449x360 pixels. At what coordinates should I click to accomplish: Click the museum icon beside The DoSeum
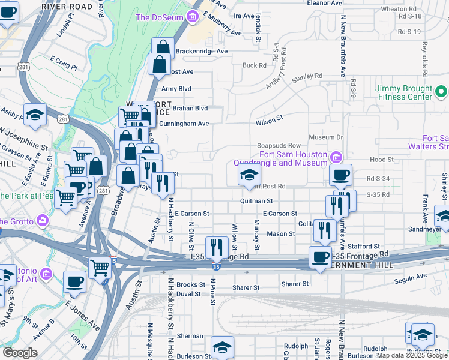point(192,17)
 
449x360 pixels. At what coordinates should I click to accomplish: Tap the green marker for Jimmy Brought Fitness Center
point(441,92)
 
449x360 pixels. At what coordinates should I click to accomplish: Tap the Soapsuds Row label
point(278,145)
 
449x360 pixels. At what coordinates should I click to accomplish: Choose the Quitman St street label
point(256,201)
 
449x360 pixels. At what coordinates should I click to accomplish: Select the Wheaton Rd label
point(398,9)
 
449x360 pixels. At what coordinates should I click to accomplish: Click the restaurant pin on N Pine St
point(215,247)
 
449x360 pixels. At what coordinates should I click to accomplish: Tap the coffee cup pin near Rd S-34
point(340,175)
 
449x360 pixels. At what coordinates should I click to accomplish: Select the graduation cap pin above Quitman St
point(248,175)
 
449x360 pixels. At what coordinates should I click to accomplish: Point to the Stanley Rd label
point(307,77)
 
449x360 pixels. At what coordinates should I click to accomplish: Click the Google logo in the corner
point(20,353)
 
